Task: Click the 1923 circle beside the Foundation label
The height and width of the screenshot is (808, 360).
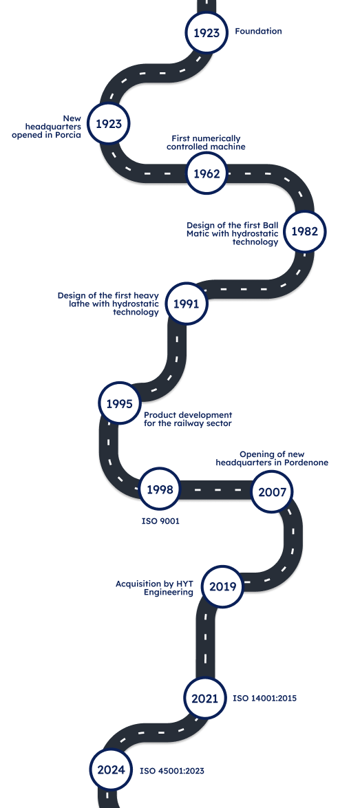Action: [x=207, y=33]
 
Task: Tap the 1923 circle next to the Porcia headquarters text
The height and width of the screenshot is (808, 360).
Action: [x=109, y=124]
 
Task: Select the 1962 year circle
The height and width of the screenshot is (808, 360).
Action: [x=207, y=173]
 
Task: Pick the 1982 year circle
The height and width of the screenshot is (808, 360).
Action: [x=305, y=231]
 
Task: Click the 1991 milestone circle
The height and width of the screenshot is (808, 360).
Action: [x=186, y=304]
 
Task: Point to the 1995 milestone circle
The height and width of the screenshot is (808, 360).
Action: [x=120, y=403]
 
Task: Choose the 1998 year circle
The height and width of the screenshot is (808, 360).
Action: [x=160, y=489]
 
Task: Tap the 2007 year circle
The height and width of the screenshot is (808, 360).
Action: [x=272, y=491]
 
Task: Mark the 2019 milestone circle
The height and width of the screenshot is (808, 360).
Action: [x=222, y=586]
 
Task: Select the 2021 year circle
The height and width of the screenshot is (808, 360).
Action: [x=205, y=699]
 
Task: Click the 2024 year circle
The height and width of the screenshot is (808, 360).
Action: [x=112, y=769]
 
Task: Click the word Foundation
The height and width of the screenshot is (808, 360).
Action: [x=259, y=31]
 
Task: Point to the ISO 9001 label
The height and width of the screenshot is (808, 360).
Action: [x=160, y=521]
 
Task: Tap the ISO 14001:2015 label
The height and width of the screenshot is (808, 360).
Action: [x=265, y=699]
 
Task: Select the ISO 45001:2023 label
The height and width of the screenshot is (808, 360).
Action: [x=172, y=771]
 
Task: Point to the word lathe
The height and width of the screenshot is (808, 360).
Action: [x=79, y=304]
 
